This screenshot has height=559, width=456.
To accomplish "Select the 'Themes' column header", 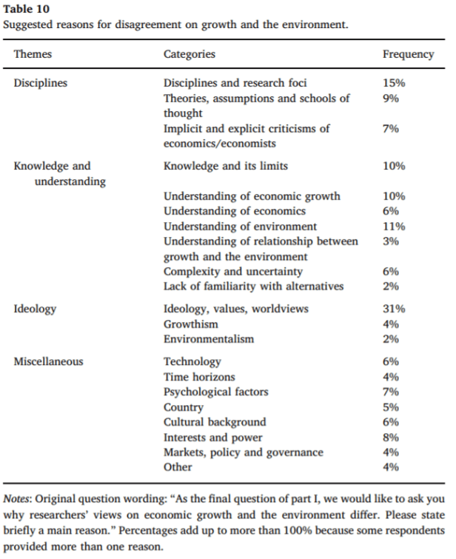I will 33,54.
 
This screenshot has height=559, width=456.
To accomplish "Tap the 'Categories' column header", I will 189,54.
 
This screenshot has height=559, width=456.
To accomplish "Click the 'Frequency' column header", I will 408,54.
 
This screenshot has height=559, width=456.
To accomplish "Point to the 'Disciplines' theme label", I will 40,83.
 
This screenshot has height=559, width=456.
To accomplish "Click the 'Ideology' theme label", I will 35,309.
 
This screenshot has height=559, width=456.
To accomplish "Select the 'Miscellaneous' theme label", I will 48,361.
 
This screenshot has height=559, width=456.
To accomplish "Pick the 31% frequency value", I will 394,309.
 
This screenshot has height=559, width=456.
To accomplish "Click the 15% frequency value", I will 394,83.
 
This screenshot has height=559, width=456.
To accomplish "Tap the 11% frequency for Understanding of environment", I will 394,226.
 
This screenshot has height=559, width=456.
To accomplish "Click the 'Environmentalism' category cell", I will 208,339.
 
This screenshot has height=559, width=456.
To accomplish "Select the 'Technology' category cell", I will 192,361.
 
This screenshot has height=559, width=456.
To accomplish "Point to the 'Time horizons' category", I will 198,377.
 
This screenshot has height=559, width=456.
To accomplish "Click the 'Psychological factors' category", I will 215,392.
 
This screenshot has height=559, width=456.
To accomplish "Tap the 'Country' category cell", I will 183,407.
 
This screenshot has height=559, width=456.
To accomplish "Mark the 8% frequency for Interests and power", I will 391,437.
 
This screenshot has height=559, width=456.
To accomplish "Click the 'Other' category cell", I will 178,467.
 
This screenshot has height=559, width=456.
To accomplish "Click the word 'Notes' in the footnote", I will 18,498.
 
